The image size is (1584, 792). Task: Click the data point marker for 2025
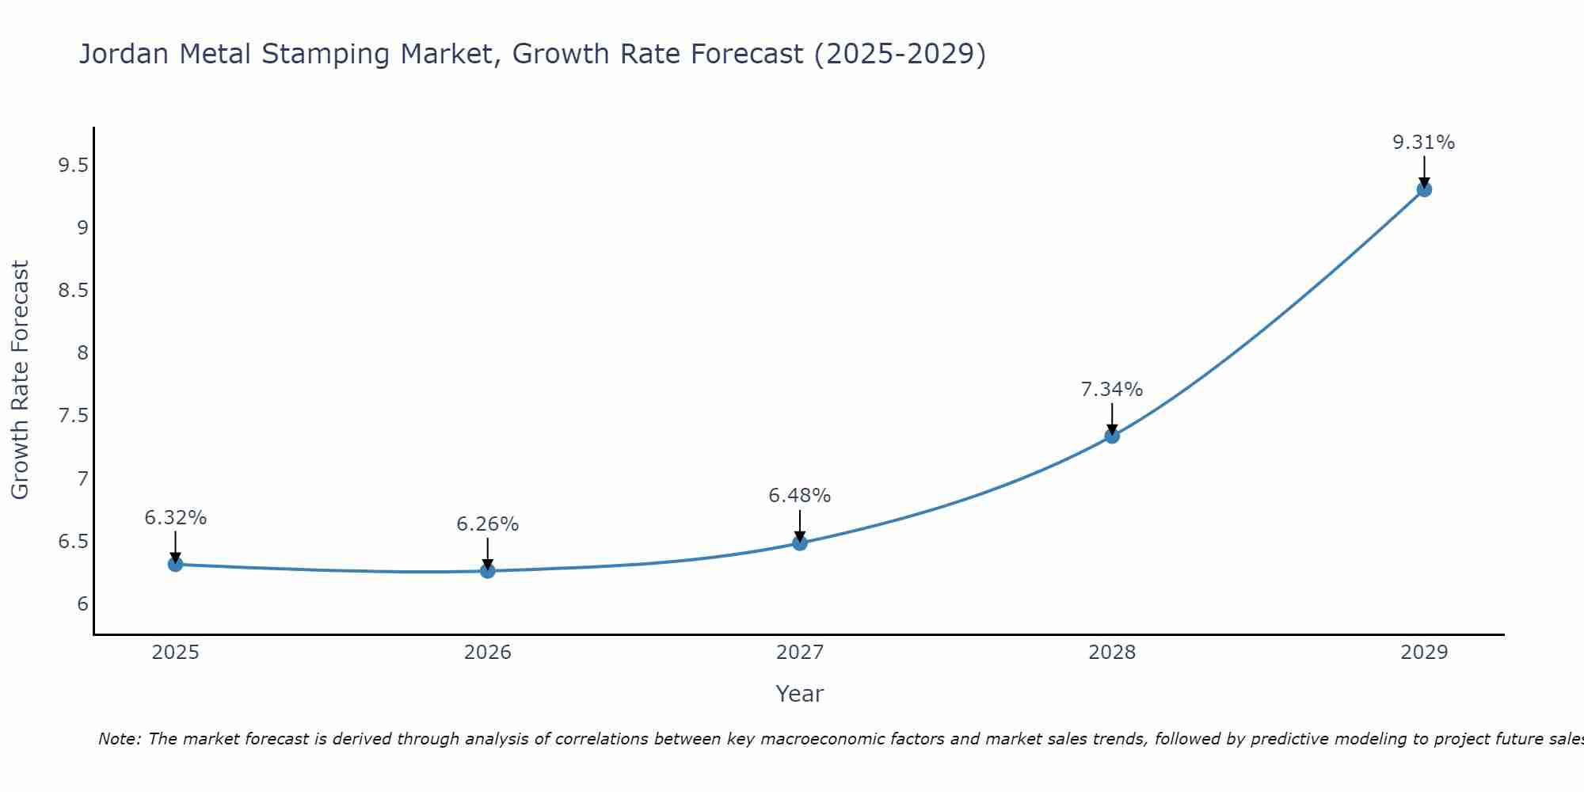(175, 565)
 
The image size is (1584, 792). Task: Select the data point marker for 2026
(487, 571)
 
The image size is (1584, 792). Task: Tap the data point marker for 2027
(799, 543)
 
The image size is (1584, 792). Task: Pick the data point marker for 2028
(1112, 436)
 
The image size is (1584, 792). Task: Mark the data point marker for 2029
(1424, 189)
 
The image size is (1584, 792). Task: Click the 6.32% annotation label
(175, 518)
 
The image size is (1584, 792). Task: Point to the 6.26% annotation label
(487, 524)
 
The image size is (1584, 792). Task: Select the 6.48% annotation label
(799, 496)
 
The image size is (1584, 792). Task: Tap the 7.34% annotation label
(1112, 390)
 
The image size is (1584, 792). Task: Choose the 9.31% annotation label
(1424, 143)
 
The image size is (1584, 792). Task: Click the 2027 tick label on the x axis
(799, 653)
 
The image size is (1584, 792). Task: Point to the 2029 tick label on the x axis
(1424, 653)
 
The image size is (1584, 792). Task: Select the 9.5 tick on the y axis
(73, 166)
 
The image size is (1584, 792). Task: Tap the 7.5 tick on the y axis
(73, 416)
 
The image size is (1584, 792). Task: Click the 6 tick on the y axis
(82, 604)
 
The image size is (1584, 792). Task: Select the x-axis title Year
(799, 694)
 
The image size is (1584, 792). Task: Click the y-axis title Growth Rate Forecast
(21, 380)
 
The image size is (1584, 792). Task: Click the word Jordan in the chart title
(124, 55)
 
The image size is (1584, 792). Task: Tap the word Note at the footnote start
(120, 739)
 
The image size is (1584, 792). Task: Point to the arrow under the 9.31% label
(1424, 171)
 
